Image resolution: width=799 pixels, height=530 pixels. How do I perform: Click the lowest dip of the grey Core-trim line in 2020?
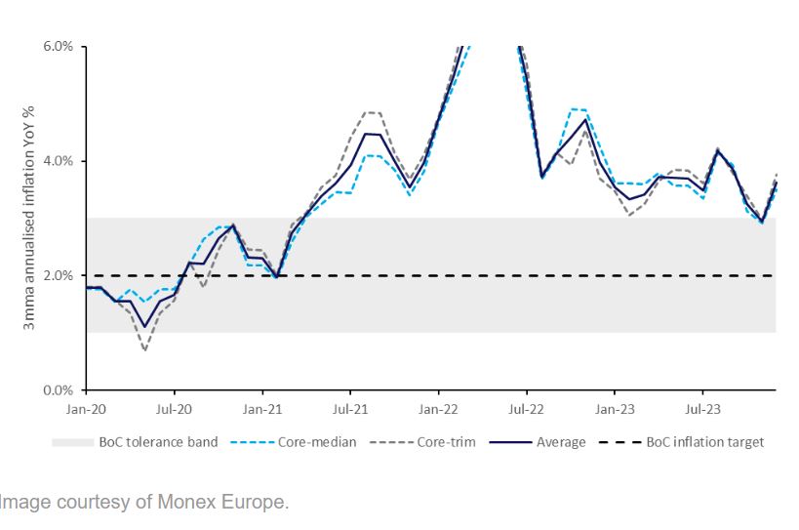pyautogui.click(x=144, y=349)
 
